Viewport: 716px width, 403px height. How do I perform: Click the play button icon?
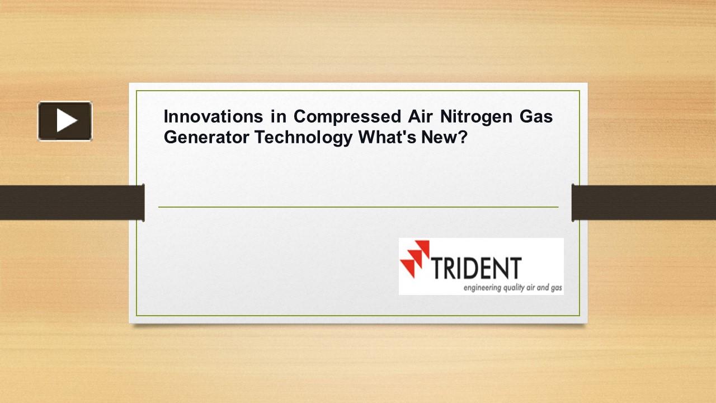tap(65, 121)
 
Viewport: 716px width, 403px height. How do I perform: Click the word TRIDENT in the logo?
tap(477, 268)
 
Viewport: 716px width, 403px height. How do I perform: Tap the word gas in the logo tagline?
tap(556, 289)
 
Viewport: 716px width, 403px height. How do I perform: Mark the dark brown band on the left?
tap(71, 202)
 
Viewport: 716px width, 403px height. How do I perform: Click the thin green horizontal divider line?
tap(358, 207)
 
